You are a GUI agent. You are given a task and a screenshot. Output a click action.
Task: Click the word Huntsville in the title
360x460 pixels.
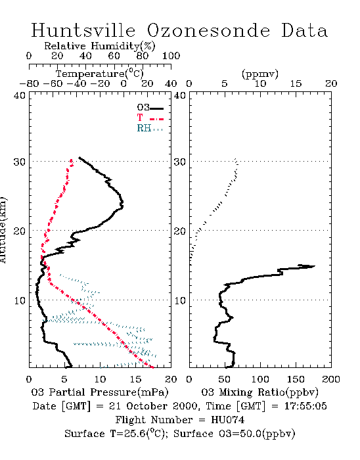pos(83,30)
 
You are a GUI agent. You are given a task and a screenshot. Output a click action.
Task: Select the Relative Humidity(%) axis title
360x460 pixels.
pos(99,46)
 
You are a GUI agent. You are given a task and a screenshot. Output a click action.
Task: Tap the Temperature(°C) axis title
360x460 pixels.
pos(99,74)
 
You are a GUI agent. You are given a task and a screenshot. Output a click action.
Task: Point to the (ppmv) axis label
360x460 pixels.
pos(259,74)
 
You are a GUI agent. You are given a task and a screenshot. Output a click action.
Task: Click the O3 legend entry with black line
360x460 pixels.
pos(150,108)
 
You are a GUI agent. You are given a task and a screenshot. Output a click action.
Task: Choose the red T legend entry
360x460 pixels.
pos(150,118)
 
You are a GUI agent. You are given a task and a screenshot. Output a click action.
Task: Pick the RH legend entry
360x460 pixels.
pos(150,128)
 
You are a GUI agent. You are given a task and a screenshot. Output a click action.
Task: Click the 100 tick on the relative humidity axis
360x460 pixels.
pos(171,56)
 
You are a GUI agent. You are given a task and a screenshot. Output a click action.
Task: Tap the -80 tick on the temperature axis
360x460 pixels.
pos(29,83)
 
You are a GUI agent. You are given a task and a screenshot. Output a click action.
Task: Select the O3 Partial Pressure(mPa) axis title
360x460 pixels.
pos(100,392)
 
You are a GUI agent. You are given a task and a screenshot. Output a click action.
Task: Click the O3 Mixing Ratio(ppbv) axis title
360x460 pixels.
pos(259,392)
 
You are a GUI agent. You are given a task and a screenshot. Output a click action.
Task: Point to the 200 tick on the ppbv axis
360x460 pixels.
pos(331,379)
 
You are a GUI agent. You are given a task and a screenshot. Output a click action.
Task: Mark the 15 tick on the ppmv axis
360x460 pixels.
pos(296,83)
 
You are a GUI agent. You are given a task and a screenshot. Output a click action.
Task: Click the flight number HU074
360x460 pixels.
pos(227,420)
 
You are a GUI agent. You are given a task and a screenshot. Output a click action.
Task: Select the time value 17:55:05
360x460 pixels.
pos(305,406)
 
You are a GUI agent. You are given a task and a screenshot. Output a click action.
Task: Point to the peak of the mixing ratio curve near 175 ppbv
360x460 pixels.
pos(315,266)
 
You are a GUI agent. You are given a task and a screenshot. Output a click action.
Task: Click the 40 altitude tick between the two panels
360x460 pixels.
pos(179,95)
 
